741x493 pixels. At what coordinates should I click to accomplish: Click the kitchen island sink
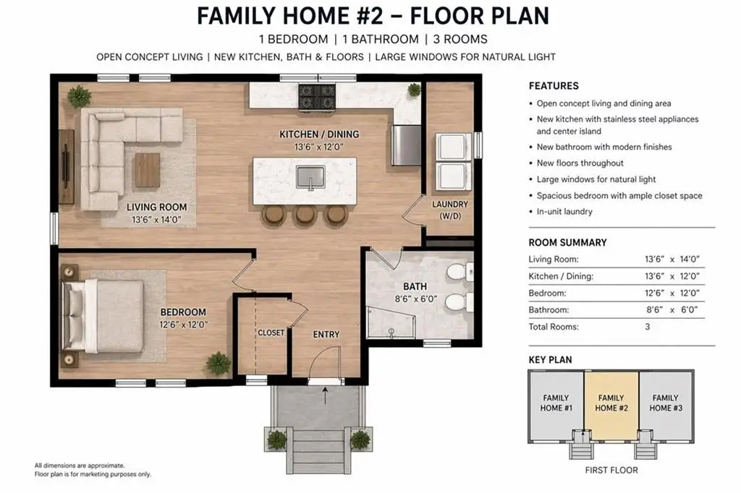click(x=310, y=177)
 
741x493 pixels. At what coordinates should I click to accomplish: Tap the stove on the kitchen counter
click(x=317, y=97)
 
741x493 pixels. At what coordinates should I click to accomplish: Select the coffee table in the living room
click(x=148, y=170)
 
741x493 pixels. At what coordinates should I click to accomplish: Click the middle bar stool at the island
click(x=305, y=215)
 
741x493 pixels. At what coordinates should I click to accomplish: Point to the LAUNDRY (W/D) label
click(x=450, y=210)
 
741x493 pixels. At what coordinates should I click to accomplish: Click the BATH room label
click(x=415, y=287)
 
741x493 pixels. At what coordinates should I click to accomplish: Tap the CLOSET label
click(x=271, y=333)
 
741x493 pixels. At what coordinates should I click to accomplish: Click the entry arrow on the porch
click(x=325, y=395)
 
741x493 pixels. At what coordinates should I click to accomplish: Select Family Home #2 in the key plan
click(x=611, y=403)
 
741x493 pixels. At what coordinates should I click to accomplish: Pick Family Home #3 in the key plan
click(x=666, y=403)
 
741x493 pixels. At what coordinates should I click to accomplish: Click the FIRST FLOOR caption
click(x=611, y=471)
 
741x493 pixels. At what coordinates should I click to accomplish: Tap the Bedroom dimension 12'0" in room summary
click(x=690, y=293)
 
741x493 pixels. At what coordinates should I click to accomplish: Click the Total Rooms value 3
click(x=648, y=327)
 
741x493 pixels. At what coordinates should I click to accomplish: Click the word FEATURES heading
click(x=554, y=86)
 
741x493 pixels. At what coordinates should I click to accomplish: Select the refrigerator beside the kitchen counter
click(x=406, y=145)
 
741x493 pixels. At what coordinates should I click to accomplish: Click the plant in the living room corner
click(x=79, y=97)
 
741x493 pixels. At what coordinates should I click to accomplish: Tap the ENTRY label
click(x=326, y=335)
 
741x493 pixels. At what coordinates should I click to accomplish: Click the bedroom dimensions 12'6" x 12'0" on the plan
click(x=183, y=325)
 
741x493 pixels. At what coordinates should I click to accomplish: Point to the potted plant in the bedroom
click(x=219, y=363)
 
